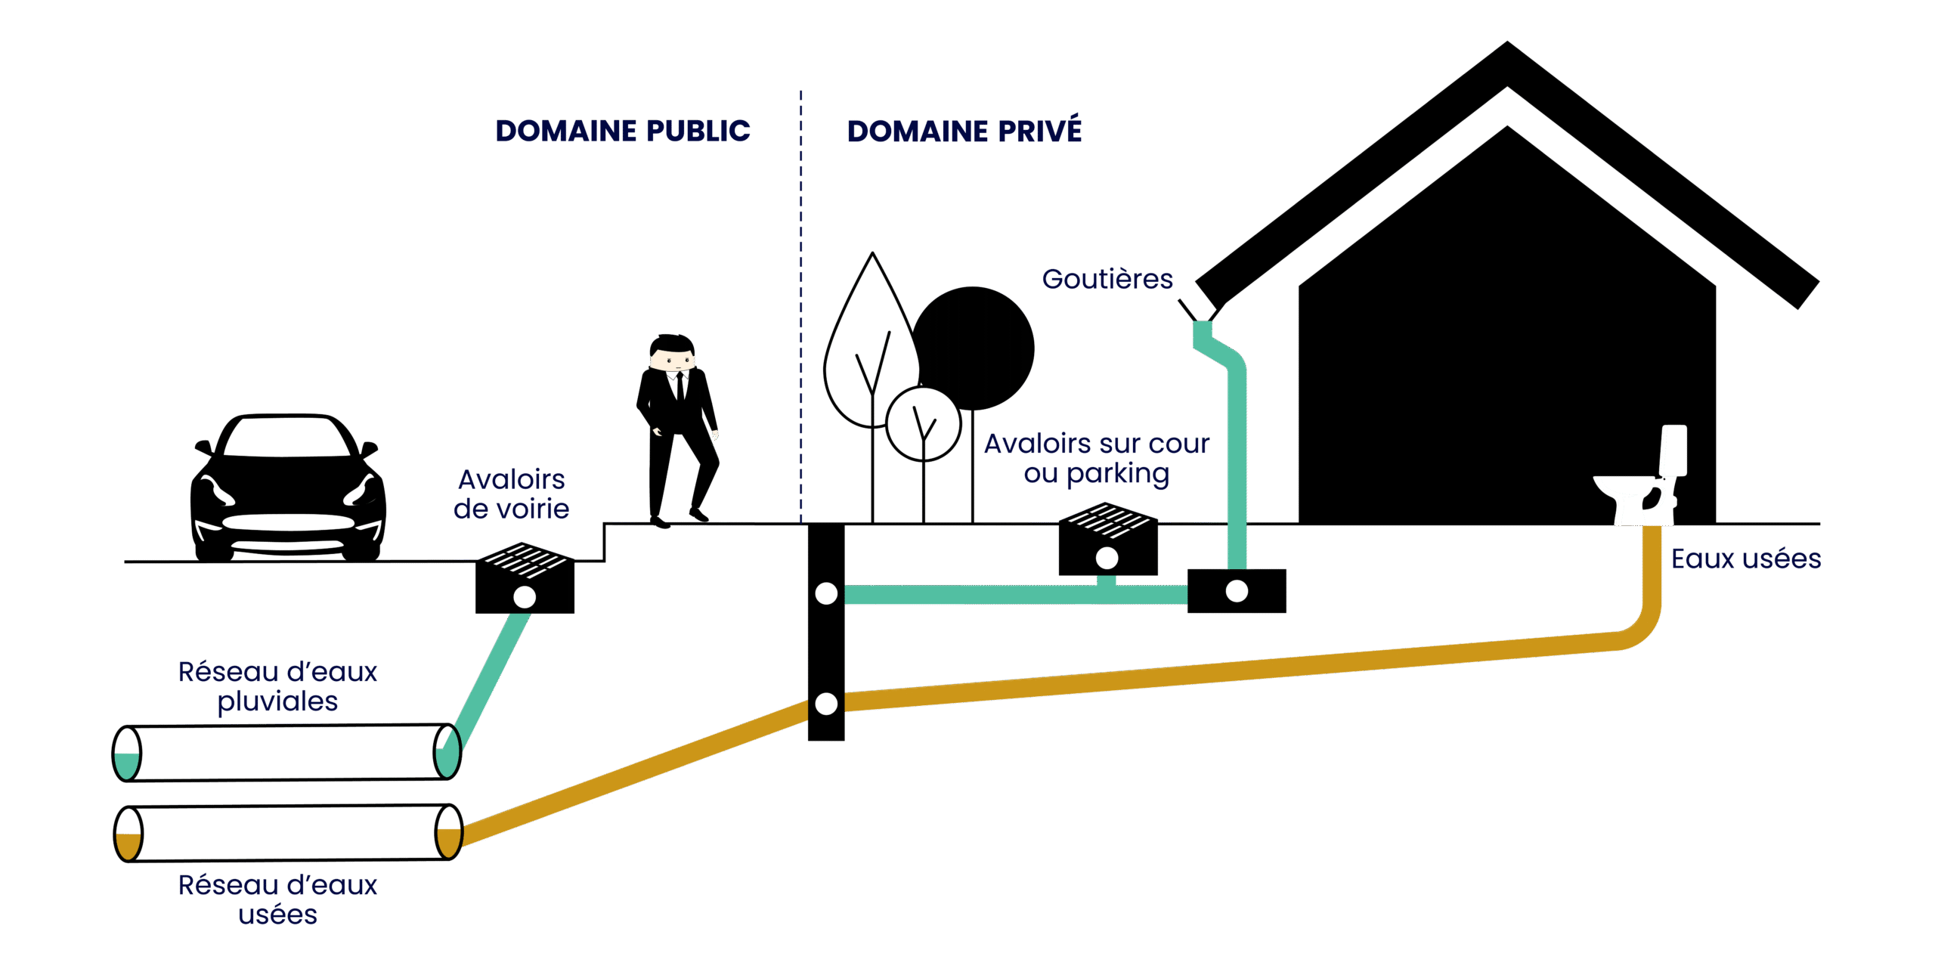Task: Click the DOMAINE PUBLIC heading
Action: tap(623, 131)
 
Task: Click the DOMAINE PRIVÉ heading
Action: tap(964, 131)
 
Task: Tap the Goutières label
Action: tap(1107, 280)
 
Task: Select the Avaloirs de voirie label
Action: tap(512, 494)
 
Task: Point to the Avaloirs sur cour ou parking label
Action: tap(1096, 459)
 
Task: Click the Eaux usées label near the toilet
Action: tap(1745, 559)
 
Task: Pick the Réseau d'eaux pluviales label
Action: tap(277, 686)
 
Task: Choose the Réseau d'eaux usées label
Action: tap(277, 899)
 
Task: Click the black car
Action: tap(287, 488)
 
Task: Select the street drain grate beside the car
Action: tap(525, 578)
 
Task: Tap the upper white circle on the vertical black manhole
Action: tap(826, 594)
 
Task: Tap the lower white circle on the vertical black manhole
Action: tap(826, 704)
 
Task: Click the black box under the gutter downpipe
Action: tap(1237, 591)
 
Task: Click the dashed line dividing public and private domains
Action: tap(801, 302)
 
